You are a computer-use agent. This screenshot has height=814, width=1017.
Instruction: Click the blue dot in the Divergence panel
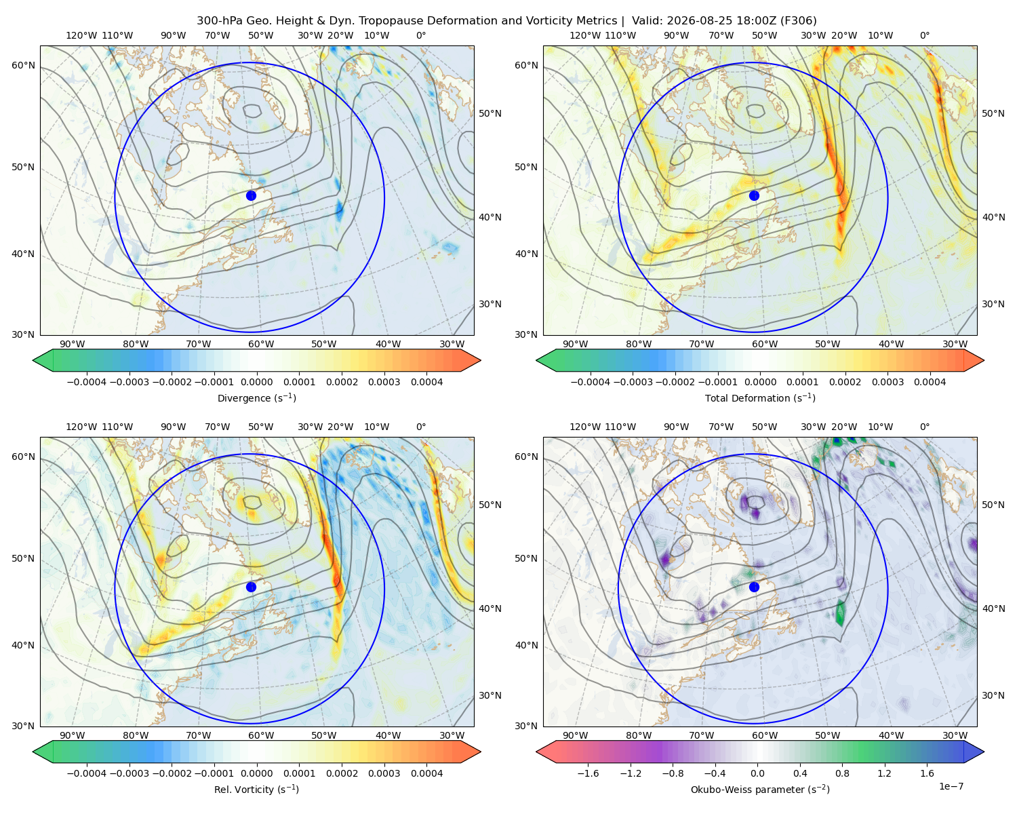coord(251,195)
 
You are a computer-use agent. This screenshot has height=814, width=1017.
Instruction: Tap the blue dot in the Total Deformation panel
coord(754,195)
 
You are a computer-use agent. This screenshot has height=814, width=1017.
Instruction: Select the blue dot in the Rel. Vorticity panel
coord(251,587)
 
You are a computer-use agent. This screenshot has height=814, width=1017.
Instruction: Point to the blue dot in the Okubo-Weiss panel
coord(754,587)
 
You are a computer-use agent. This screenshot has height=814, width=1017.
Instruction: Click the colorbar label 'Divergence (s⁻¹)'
coord(256,398)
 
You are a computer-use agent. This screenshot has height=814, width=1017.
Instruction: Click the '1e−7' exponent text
coord(951,787)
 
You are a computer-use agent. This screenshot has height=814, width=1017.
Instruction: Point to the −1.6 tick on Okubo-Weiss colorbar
coord(588,773)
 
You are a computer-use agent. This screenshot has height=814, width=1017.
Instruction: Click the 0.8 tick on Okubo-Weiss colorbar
coord(842,773)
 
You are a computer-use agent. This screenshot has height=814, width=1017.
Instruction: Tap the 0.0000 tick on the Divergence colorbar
coord(256,382)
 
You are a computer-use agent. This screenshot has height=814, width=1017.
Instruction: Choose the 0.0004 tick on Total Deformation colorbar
coord(930,382)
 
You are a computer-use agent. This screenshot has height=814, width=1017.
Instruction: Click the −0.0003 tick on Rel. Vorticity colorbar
coord(129,773)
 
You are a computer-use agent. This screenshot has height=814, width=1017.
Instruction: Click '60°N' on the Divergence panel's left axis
coord(24,65)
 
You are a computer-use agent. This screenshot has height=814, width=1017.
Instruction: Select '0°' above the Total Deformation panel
coord(924,35)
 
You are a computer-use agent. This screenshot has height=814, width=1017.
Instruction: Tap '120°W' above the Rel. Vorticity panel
coord(81,427)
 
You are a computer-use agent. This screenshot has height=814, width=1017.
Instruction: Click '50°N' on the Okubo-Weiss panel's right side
coord(993,505)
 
